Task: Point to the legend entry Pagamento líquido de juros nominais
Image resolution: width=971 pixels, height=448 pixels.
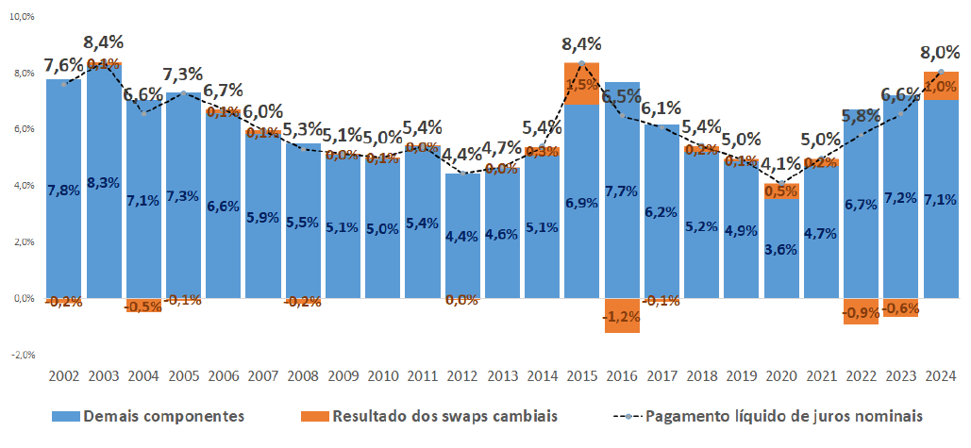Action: click(771, 416)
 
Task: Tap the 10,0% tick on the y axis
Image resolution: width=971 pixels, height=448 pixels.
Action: click(20, 16)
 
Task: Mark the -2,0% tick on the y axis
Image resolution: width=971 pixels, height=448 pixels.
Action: click(20, 355)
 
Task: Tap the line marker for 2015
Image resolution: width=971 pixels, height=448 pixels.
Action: click(582, 63)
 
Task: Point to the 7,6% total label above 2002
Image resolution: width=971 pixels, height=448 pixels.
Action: click(64, 65)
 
